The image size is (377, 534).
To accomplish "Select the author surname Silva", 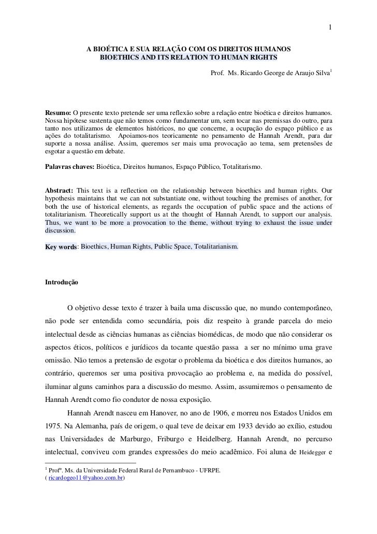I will pyautogui.click(x=321, y=73).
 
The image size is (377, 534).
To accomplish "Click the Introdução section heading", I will pyautogui.click(x=62, y=283).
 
